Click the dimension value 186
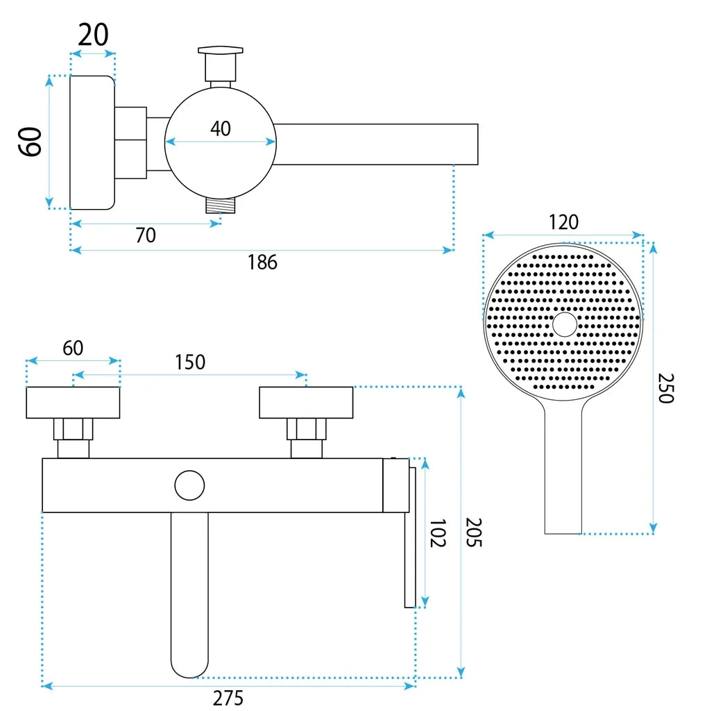262,262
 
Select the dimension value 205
474,533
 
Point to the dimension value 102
437,533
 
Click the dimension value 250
666,388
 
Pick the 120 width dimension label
563,222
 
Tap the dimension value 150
190,362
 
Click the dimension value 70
146,235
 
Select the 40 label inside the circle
220,128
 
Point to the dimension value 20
94,35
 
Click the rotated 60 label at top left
30,142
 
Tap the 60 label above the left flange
73,349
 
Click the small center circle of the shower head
565,324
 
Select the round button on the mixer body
189,485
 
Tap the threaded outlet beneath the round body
221,206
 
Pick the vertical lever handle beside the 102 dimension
410,537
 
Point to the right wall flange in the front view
306,403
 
